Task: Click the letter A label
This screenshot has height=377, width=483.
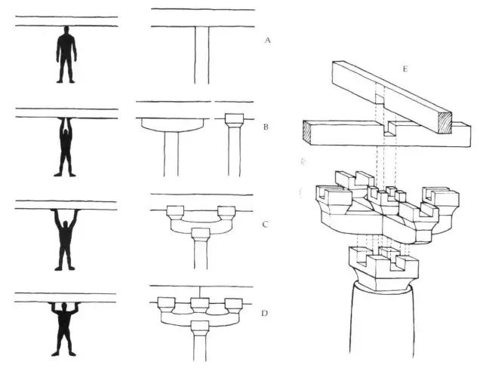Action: [267, 40]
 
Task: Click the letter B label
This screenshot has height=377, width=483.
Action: [266, 127]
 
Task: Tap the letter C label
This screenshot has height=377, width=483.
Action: [265, 224]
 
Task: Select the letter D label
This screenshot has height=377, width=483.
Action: [264, 314]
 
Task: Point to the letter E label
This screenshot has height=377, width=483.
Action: [405, 69]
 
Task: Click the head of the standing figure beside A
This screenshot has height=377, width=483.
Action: [66, 30]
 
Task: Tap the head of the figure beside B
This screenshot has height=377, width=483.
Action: [66, 132]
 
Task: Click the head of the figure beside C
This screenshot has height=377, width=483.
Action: [66, 223]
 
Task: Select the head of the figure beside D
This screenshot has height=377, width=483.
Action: [63, 307]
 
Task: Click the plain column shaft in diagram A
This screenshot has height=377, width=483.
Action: [202, 55]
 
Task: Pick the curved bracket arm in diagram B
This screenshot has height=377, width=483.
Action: [173, 125]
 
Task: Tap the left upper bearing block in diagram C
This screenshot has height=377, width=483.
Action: [175, 213]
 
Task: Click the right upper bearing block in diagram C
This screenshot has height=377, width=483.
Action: [226, 213]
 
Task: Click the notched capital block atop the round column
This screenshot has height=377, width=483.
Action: [384, 268]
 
